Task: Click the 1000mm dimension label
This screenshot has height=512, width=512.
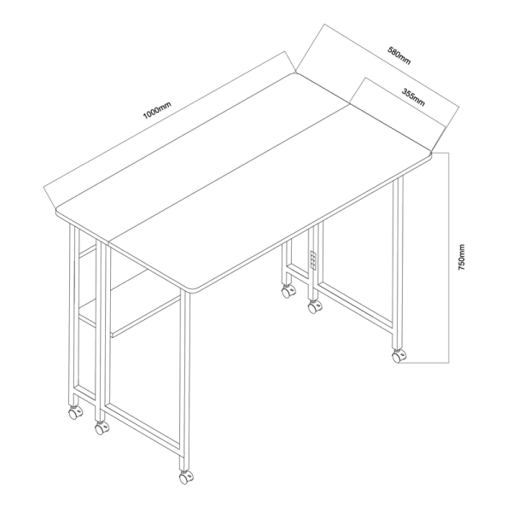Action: (x=157, y=110)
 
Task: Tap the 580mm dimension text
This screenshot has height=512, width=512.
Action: (x=399, y=55)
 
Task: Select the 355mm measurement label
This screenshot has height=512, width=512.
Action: (x=413, y=97)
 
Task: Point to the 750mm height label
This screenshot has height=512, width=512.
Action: (x=462, y=257)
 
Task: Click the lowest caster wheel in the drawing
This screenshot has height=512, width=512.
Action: (x=185, y=478)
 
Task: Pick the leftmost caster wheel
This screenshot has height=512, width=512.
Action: (x=75, y=413)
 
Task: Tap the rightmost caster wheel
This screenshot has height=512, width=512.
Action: (x=399, y=356)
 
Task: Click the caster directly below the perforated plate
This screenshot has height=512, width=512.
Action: (x=315, y=306)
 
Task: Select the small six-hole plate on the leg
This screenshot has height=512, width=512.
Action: (x=313, y=260)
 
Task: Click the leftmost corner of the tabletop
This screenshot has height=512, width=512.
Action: (x=58, y=211)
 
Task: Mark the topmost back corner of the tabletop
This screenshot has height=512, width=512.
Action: (x=295, y=73)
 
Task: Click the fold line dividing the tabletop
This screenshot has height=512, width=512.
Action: (x=230, y=174)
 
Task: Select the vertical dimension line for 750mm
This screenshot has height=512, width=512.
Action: (x=450, y=258)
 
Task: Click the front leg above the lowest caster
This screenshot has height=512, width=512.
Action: (x=185, y=381)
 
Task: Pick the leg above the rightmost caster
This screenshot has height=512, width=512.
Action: (x=398, y=263)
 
